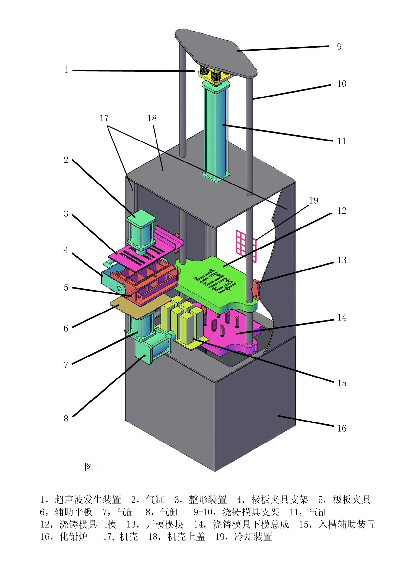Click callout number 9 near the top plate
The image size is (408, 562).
339,47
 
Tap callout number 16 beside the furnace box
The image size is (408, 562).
342,428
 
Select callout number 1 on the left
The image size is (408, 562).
66,70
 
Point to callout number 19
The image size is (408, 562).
314,200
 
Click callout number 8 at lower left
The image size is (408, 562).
66,419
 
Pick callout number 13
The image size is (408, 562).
342,260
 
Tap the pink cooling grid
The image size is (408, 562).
246,246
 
